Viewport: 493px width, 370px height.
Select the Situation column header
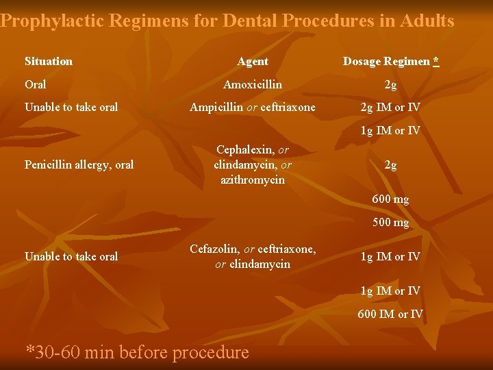tap(49, 62)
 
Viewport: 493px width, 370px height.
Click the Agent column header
tap(253, 62)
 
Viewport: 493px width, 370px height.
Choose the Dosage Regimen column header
tap(387, 62)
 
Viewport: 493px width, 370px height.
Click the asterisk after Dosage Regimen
tap(436, 61)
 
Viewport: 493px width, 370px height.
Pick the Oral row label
tap(36, 85)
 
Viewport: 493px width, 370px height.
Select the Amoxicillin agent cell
tap(253, 85)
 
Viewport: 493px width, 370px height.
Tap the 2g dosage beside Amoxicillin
tap(391, 85)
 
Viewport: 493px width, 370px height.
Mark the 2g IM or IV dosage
tap(391, 108)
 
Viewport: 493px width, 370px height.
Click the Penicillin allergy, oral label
tap(79, 164)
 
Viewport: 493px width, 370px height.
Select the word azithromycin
tap(253, 180)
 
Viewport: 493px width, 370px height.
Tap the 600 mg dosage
tap(391, 199)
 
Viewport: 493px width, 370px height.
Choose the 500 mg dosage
tap(391, 223)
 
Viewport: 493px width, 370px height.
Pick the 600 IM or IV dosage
tap(391, 314)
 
